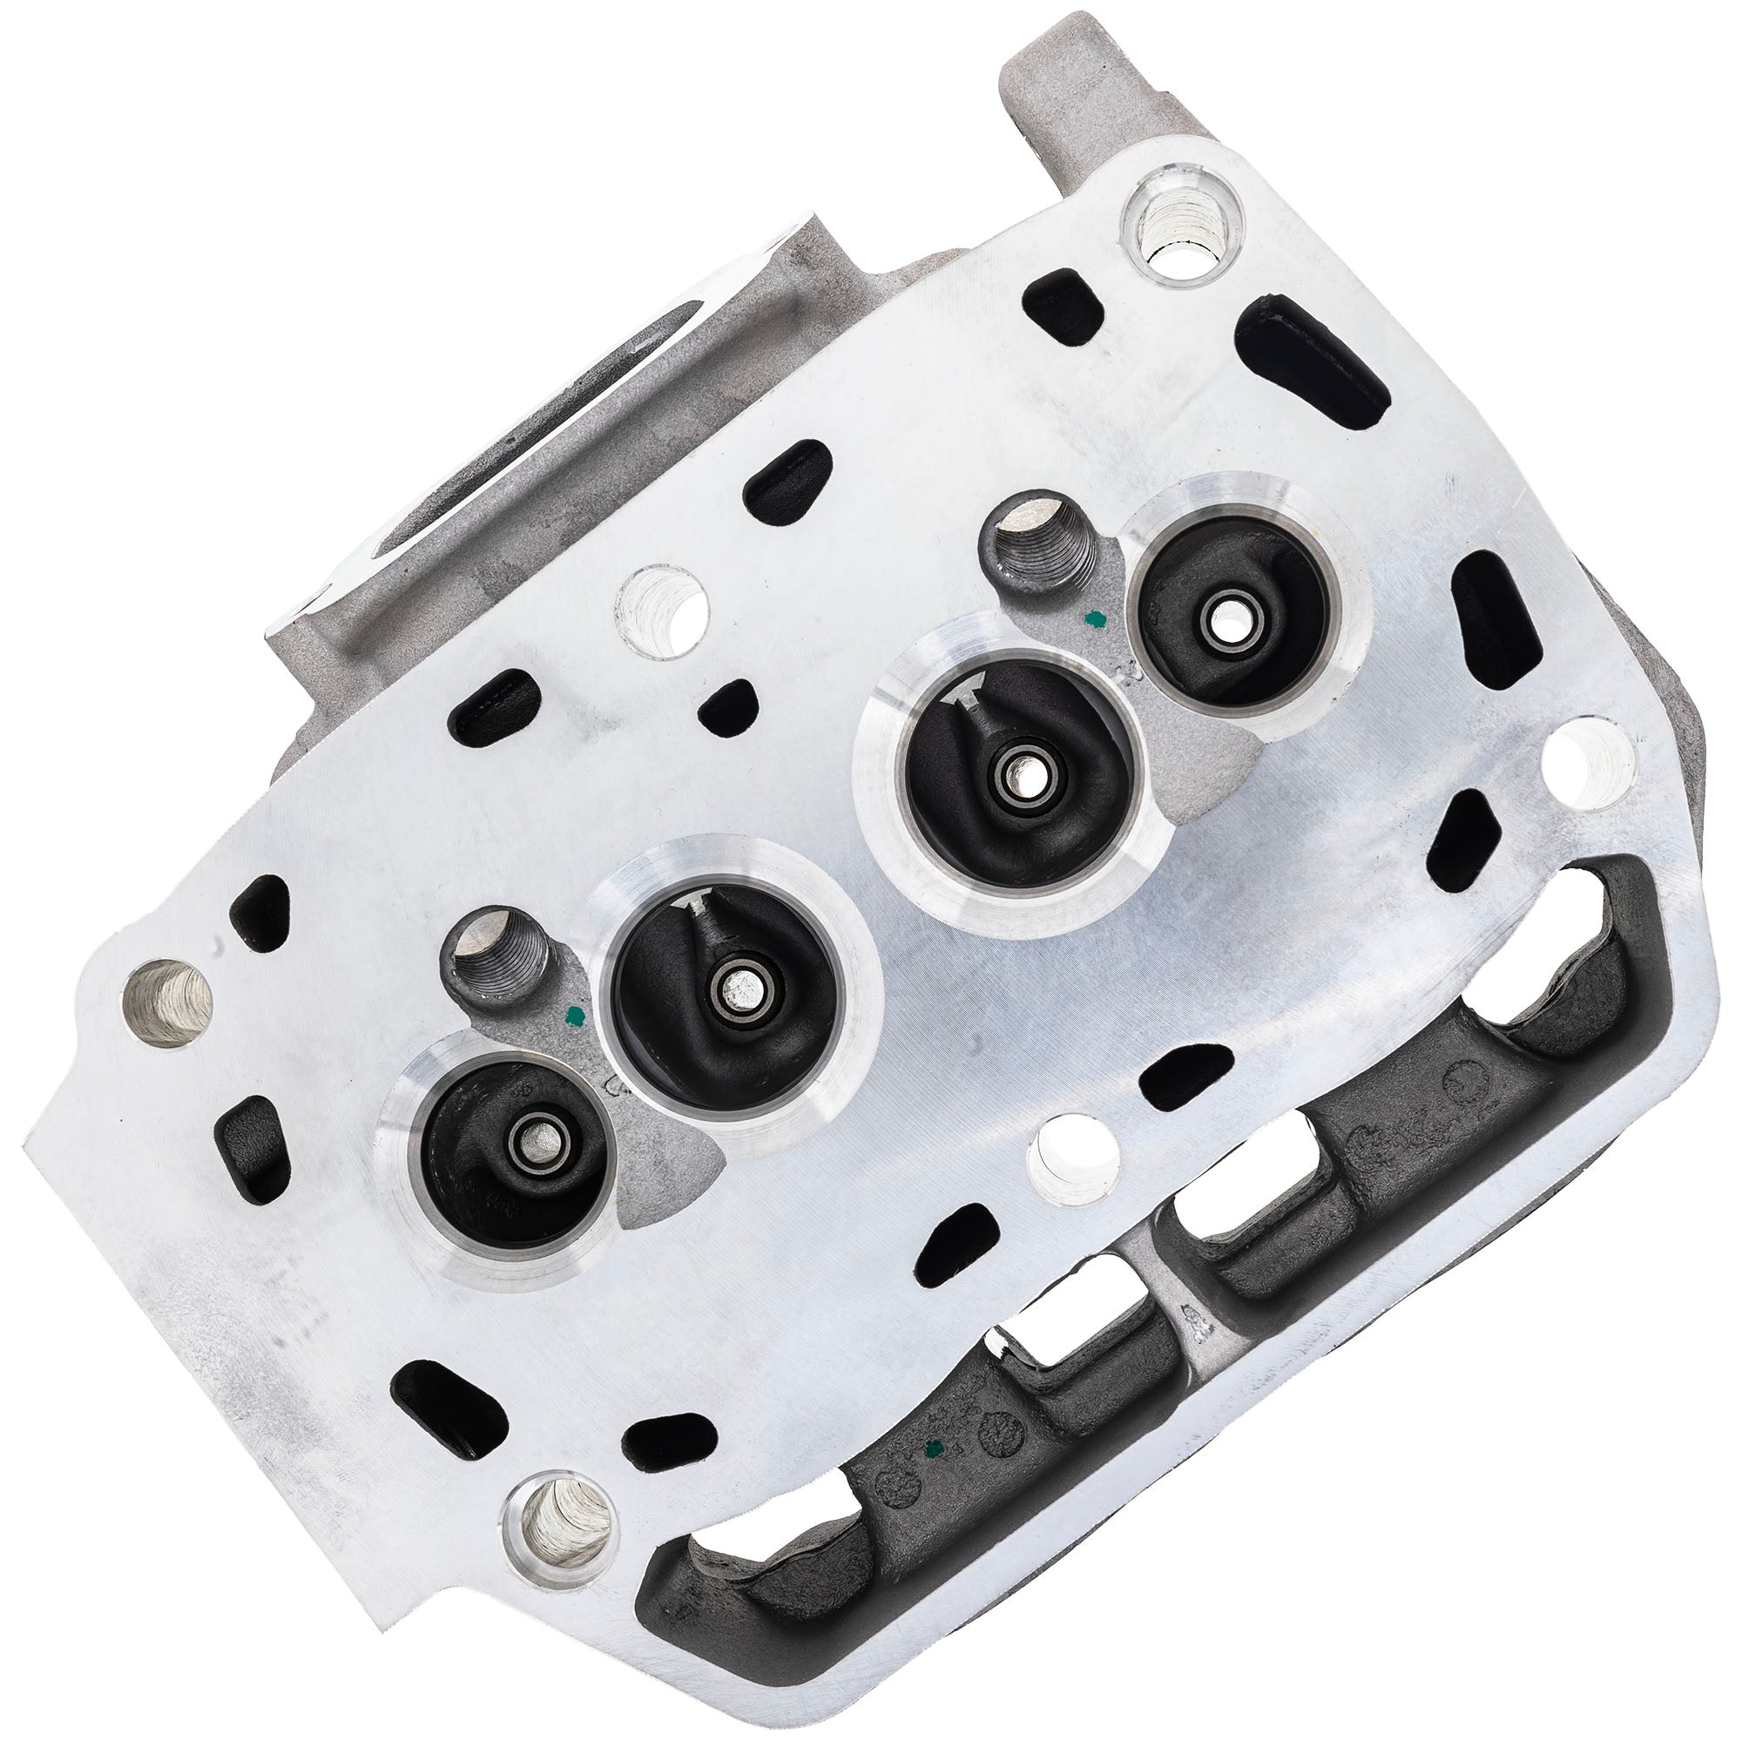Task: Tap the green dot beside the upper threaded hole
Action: tap(1095, 618)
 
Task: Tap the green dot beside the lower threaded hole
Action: tap(570, 1017)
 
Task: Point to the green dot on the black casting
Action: tap(934, 1449)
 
